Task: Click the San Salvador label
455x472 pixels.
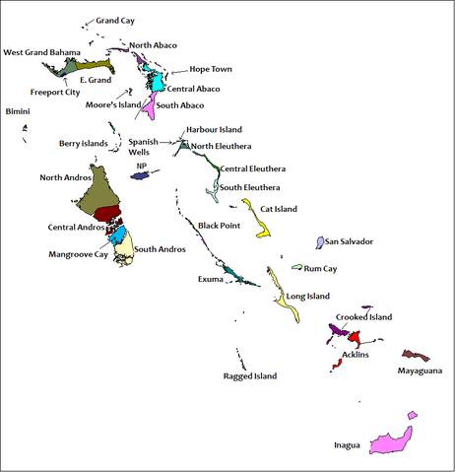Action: tap(350, 241)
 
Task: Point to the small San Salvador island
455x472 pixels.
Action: tap(319, 241)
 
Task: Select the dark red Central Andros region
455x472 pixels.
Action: tap(107, 216)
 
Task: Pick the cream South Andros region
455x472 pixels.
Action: tap(124, 251)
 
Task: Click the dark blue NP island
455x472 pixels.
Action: tap(140, 175)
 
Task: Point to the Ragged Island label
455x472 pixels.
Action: tap(250, 375)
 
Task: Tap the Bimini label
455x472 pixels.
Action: tap(18, 112)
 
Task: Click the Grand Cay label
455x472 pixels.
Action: tap(115, 20)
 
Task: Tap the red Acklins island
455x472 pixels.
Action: tap(354, 338)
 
